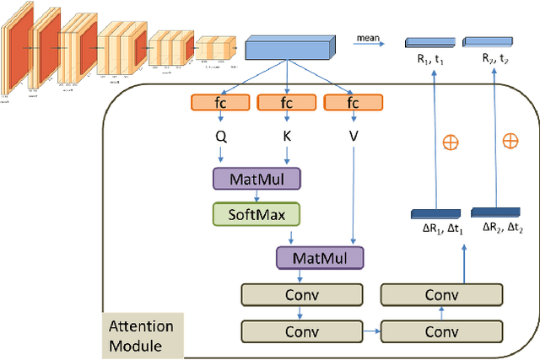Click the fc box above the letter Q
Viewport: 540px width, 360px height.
tap(220, 103)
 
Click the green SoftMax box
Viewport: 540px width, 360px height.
tap(253, 213)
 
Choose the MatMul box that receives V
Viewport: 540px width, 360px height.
tap(319, 256)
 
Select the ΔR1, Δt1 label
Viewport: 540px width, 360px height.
tap(435, 227)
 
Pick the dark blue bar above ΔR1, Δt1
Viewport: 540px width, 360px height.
tap(435, 212)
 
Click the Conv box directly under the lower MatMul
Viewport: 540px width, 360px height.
tap(301, 294)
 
